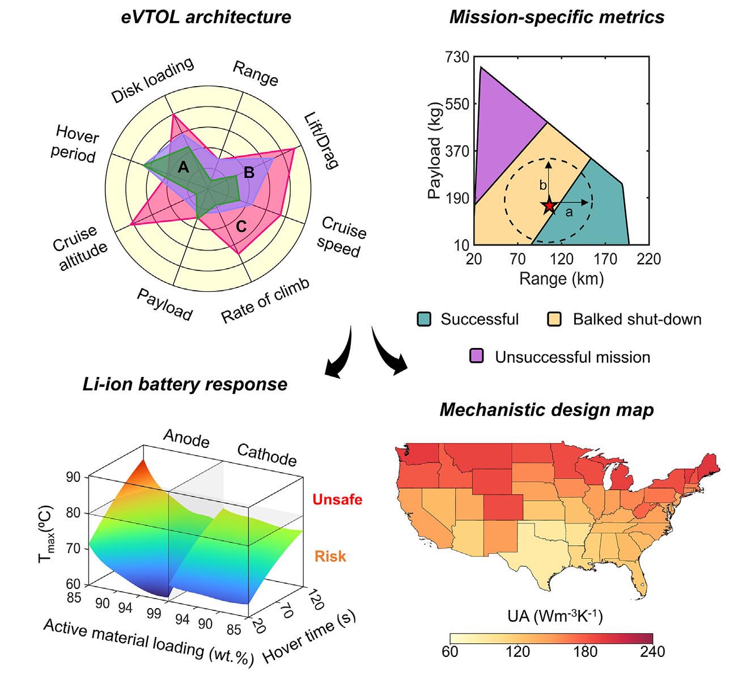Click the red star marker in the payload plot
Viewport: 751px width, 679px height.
click(x=549, y=206)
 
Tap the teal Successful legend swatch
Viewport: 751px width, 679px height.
click(x=423, y=319)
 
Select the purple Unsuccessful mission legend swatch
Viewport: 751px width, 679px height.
click(x=477, y=357)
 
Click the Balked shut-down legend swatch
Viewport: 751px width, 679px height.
click(x=554, y=319)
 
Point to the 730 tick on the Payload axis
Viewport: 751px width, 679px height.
click(x=457, y=57)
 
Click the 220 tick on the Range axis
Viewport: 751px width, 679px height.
click(x=648, y=259)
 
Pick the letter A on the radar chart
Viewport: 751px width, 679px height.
click(x=183, y=167)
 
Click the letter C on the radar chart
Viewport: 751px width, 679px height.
click(x=241, y=227)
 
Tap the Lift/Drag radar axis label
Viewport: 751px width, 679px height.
click(x=321, y=141)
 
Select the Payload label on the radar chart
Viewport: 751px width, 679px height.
click(x=165, y=304)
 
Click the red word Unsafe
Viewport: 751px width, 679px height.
click(x=337, y=499)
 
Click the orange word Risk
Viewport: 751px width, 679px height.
click(x=330, y=556)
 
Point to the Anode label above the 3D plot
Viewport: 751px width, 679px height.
click(x=186, y=438)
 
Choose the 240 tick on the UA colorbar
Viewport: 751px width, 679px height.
click(x=652, y=651)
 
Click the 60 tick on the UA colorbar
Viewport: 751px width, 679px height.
click(x=450, y=651)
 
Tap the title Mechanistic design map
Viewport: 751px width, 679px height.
click(x=546, y=410)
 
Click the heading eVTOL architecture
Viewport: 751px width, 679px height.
click(x=206, y=16)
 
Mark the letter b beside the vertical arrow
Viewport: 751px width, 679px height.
click(x=542, y=185)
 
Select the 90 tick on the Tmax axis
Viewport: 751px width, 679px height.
click(x=73, y=477)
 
